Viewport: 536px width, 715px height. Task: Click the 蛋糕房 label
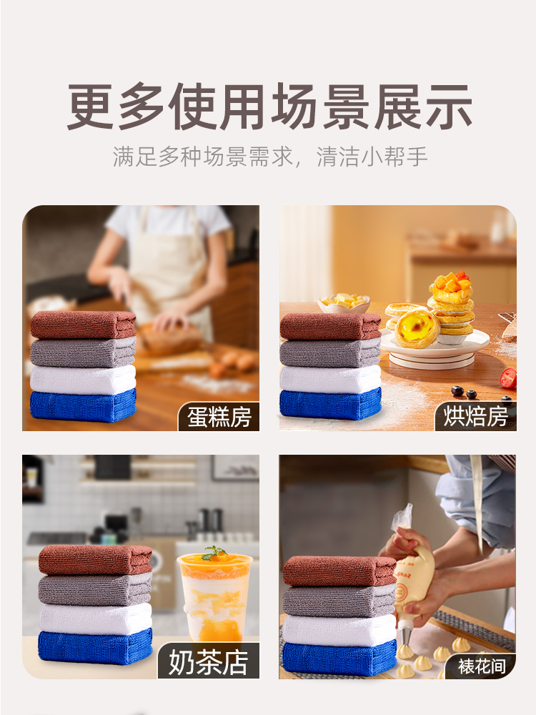click(219, 417)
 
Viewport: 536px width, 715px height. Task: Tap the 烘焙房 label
click(475, 416)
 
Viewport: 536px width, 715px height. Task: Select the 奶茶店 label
click(208, 663)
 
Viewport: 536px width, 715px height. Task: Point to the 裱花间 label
click(482, 666)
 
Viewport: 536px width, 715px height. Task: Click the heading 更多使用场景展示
click(269, 107)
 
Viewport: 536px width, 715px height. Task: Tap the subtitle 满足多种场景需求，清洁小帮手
click(270, 157)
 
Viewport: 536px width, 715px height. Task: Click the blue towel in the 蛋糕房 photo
click(84, 405)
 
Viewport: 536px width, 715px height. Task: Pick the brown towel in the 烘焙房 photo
click(330, 327)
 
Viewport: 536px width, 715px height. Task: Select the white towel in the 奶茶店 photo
click(95, 618)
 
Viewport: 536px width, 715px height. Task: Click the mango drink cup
click(214, 596)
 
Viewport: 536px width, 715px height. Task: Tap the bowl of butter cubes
click(344, 303)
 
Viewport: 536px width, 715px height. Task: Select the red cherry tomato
click(508, 378)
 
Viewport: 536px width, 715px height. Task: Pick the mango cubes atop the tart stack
click(451, 282)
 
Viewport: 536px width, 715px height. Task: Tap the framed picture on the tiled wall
click(234, 468)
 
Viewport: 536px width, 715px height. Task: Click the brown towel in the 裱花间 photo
click(339, 571)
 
